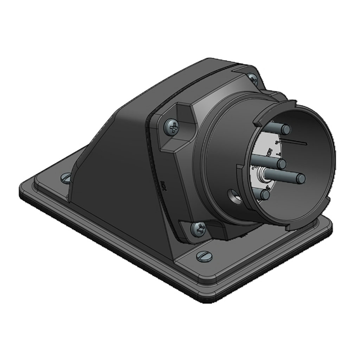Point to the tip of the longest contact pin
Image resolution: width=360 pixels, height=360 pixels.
300,179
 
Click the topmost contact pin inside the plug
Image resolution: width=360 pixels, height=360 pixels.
284,130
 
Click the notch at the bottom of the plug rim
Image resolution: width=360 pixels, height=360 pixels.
281,222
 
